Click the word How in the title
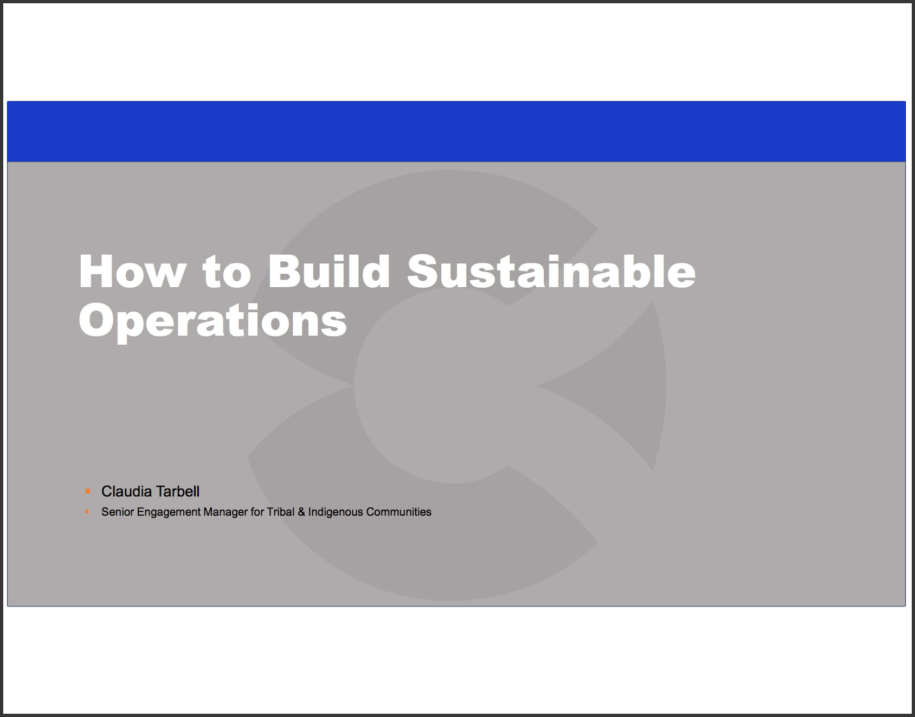pos(132,272)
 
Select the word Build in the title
pos(328,271)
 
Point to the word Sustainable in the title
pos(551,271)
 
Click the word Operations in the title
pos(213,321)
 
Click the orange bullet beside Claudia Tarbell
pos(88,492)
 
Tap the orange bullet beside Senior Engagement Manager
pos(87,512)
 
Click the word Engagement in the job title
pos(169,513)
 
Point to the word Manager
pos(225,513)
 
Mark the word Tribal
pos(281,512)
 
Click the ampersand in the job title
pos(301,512)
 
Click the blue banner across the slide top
pos(456,132)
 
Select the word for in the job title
pos(257,512)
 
